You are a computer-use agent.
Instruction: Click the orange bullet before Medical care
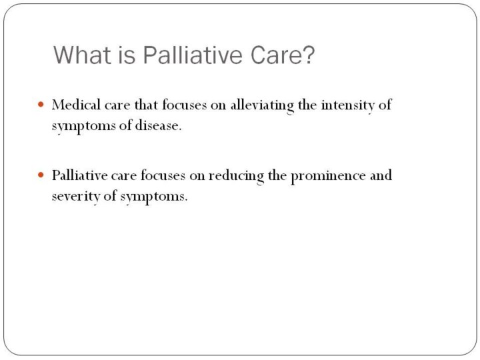pyautogui.click(x=41, y=105)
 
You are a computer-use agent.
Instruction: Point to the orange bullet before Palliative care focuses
pyautogui.click(x=41, y=175)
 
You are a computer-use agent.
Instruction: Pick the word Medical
pyautogui.click(x=76, y=105)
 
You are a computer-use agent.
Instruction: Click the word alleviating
pyautogui.click(x=262, y=105)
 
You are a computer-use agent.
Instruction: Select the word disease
pyautogui.click(x=158, y=125)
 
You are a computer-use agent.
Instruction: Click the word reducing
pyautogui.click(x=236, y=176)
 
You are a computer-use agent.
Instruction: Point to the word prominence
pyautogui.click(x=328, y=176)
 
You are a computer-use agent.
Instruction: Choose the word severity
pyautogui.click(x=76, y=197)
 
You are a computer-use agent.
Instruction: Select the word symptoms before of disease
pyautogui.click(x=83, y=126)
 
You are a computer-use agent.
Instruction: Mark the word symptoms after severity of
pyautogui.click(x=154, y=197)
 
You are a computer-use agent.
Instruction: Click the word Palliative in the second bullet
pyautogui.click(x=79, y=175)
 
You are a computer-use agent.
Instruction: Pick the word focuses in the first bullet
pyautogui.click(x=185, y=105)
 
